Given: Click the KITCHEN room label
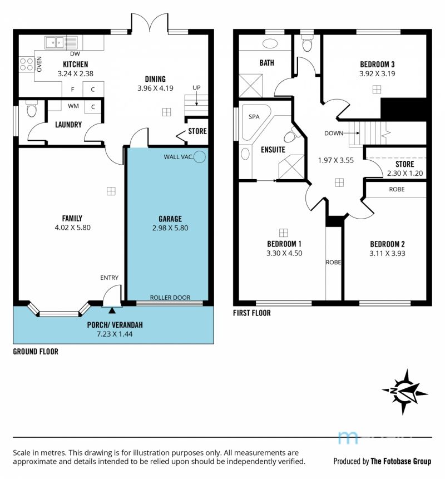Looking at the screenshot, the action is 76,65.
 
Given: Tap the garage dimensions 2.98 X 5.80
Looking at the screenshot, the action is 170,228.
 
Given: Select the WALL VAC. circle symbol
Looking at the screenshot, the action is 200,157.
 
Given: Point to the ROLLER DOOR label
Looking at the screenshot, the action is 170,298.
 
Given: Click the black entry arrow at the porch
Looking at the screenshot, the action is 112,310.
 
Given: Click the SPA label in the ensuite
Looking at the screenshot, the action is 254,117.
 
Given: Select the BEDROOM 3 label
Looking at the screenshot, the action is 377,65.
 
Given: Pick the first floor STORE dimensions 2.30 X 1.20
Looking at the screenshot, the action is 405,173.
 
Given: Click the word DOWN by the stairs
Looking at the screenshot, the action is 334,133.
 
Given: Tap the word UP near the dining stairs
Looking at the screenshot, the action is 196,88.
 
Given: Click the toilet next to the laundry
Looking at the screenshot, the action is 32,108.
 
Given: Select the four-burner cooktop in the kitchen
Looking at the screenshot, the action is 27,65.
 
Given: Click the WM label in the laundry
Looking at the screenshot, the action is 73,106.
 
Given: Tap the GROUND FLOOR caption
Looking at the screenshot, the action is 36,352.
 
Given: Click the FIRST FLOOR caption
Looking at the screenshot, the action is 251,313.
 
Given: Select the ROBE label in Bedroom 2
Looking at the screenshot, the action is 397,189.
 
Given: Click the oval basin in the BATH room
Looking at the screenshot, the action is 270,44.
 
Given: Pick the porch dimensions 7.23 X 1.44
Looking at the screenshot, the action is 115,334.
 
